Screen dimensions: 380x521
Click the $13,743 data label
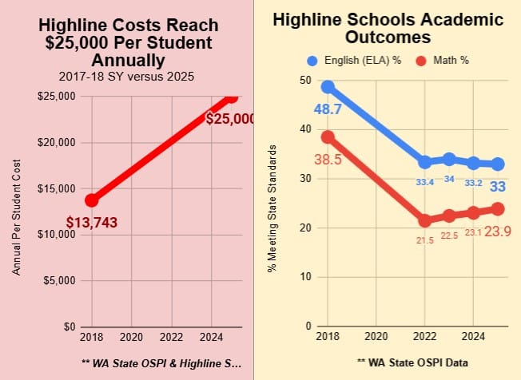92,222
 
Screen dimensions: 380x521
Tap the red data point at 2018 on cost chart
92,200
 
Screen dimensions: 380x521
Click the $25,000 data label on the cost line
230,119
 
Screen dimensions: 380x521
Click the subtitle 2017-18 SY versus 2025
128,77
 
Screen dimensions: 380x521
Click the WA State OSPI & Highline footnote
161,362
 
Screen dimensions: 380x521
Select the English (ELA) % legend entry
356,61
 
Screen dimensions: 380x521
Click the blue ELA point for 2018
328,86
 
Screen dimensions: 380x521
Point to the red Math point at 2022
425,220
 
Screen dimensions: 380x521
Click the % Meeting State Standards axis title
272,209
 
